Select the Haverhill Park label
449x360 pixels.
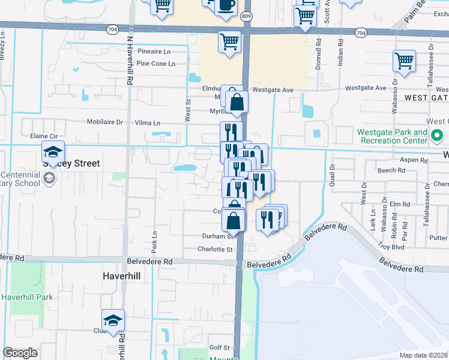tap(28, 296)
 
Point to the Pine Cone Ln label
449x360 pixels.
tap(155, 64)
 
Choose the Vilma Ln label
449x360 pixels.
tap(148, 123)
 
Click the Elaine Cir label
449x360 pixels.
tap(44, 136)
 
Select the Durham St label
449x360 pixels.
tap(217, 236)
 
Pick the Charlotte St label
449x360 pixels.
tap(215, 250)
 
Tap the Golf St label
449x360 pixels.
tap(220, 347)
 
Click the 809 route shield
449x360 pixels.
tap(247, 17)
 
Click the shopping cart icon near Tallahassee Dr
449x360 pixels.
tap(404, 61)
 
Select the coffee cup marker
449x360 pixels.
tap(226, 5)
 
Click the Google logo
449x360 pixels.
tap(20, 353)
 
